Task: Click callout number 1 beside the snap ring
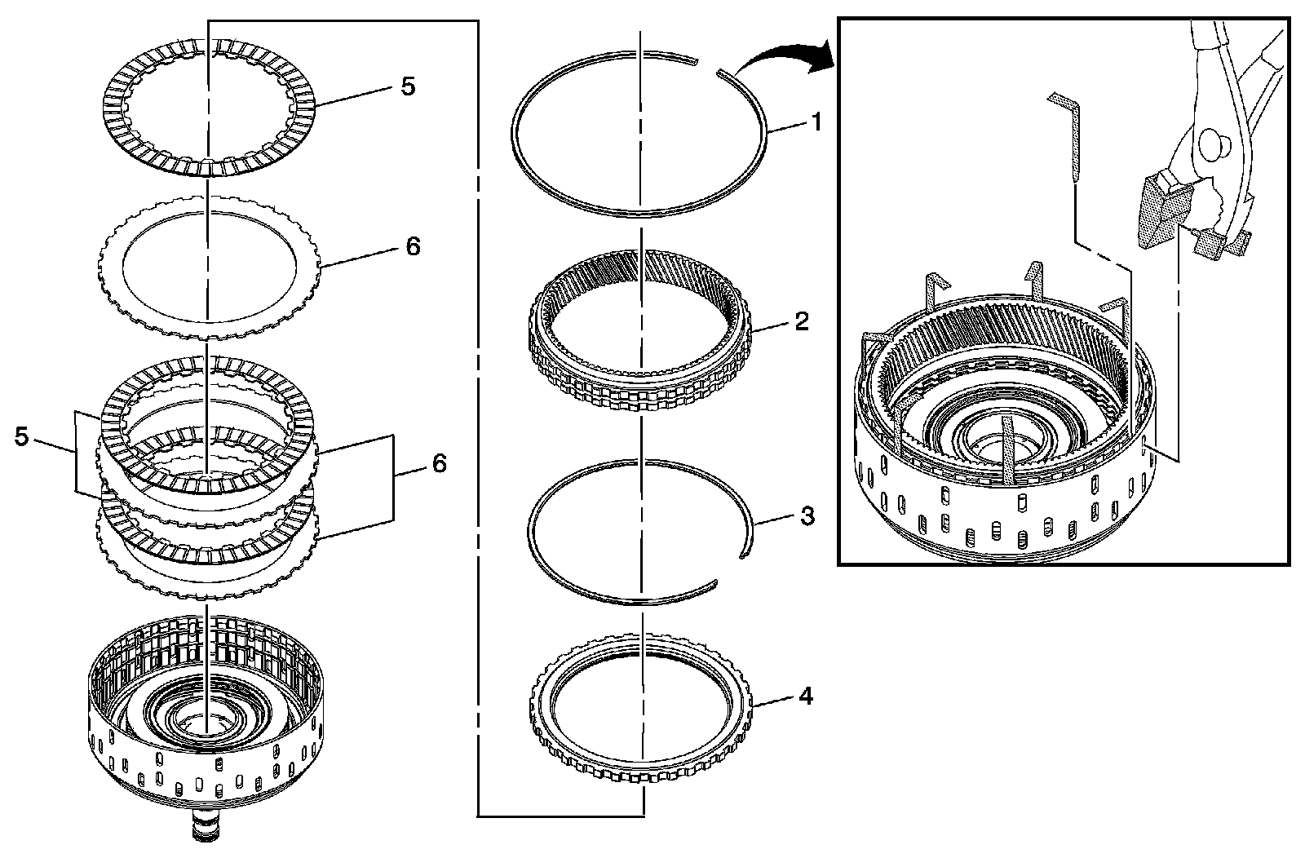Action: (x=814, y=123)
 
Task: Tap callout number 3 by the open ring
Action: (x=807, y=515)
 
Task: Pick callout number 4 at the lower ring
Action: (x=805, y=697)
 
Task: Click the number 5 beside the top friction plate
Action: (x=408, y=86)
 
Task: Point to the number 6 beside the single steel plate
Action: (x=413, y=245)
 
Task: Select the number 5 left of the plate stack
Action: (x=22, y=436)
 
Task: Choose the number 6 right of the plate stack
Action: (x=439, y=463)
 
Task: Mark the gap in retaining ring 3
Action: (x=728, y=571)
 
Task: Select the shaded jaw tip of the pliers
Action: (x=1159, y=212)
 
